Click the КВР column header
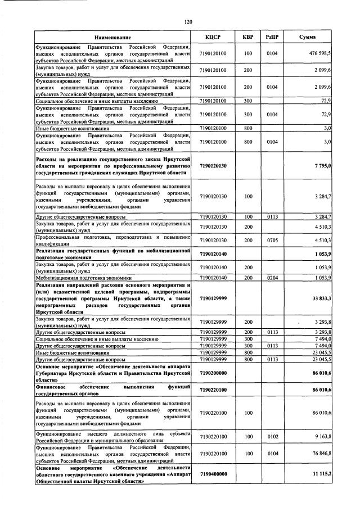[x=247, y=37]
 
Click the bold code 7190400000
[x=213, y=474]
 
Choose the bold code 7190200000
[x=213, y=373]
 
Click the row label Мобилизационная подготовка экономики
[x=84, y=278]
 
